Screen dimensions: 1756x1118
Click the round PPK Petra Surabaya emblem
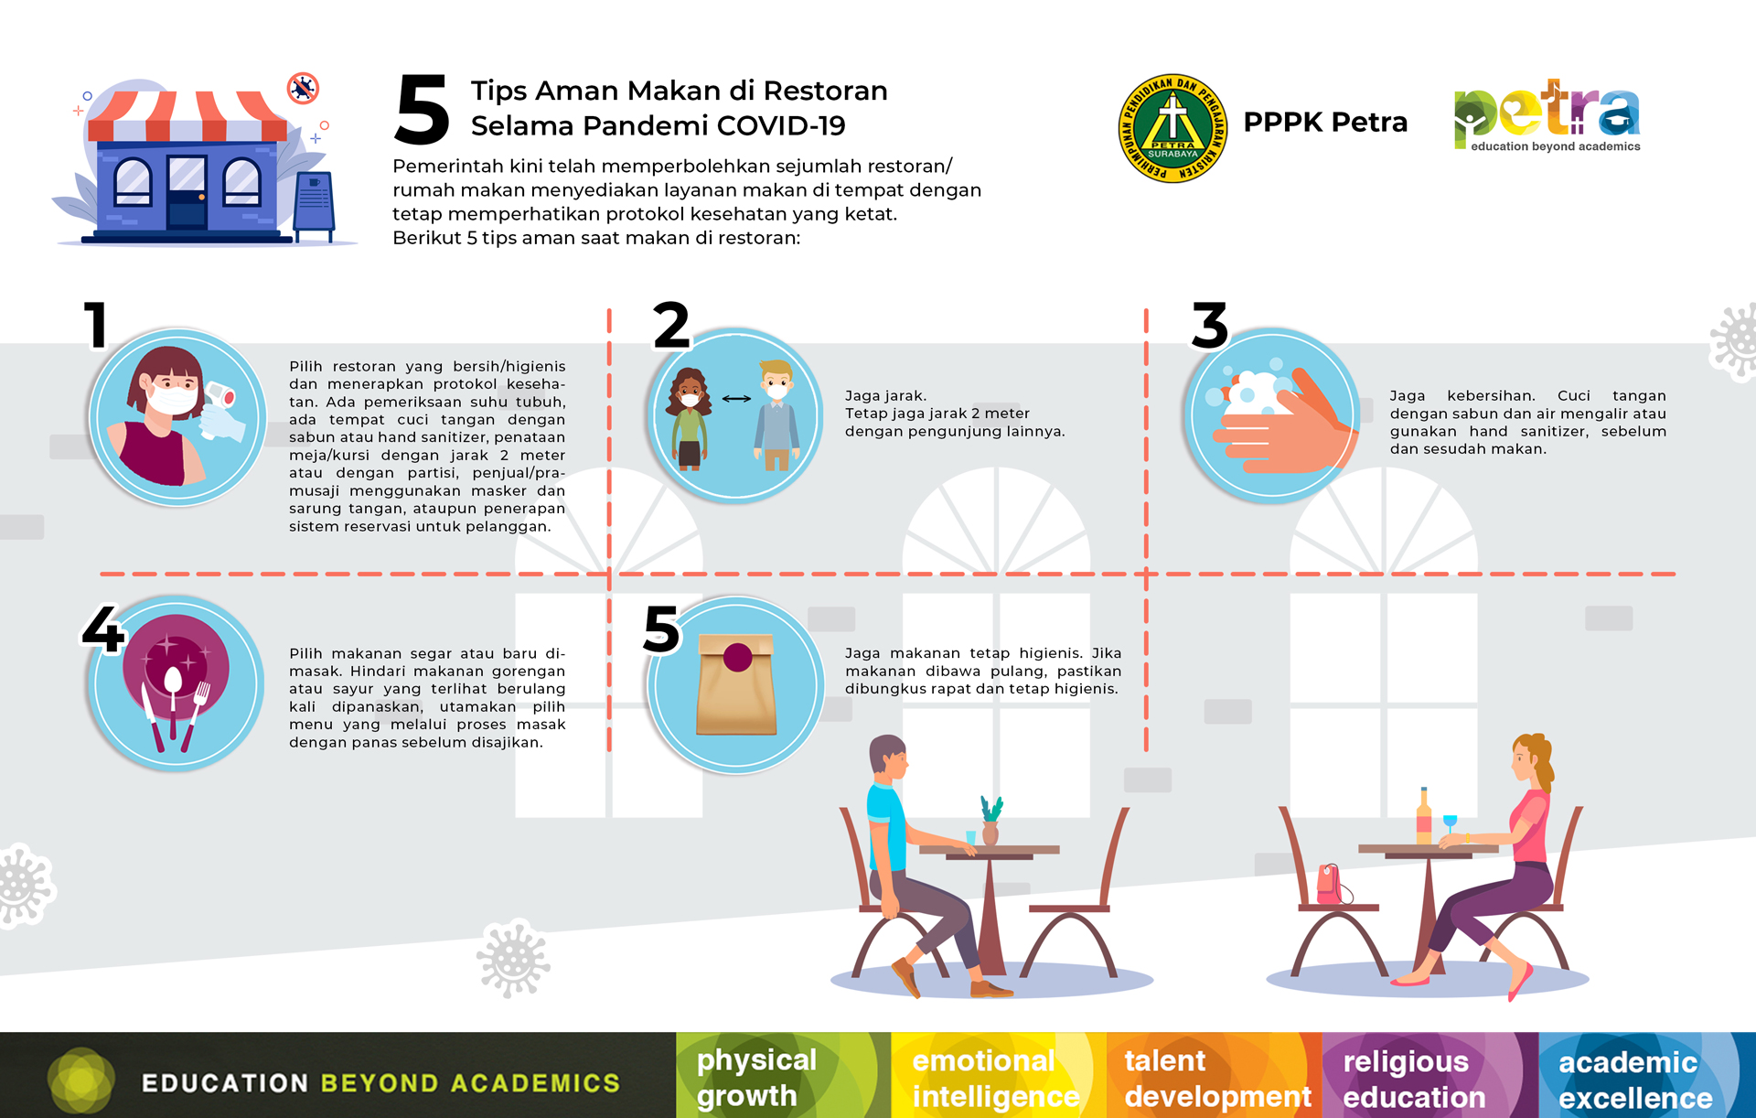coord(1172,128)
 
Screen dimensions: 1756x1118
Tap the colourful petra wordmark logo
coord(1547,115)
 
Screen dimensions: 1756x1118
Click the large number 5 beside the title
coord(422,110)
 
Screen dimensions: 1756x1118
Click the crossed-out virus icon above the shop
coord(303,88)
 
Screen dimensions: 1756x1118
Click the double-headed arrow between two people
coord(736,399)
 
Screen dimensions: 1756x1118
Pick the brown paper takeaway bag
coord(736,684)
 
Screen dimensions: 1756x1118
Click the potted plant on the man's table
coord(990,820)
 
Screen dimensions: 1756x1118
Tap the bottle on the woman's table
coord(1423,816)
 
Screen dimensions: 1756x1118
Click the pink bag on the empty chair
coord(1331,884)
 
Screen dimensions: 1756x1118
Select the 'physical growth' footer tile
coord(784,1075)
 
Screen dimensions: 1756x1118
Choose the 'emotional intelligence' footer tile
coord(999,1075)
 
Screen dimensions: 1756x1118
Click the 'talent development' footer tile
coord(1215,1075)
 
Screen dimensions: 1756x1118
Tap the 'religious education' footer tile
coord(1430,1075)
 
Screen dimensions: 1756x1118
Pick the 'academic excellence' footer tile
coord(1647,1075)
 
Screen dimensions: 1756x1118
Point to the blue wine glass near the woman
coord(1450,824)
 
